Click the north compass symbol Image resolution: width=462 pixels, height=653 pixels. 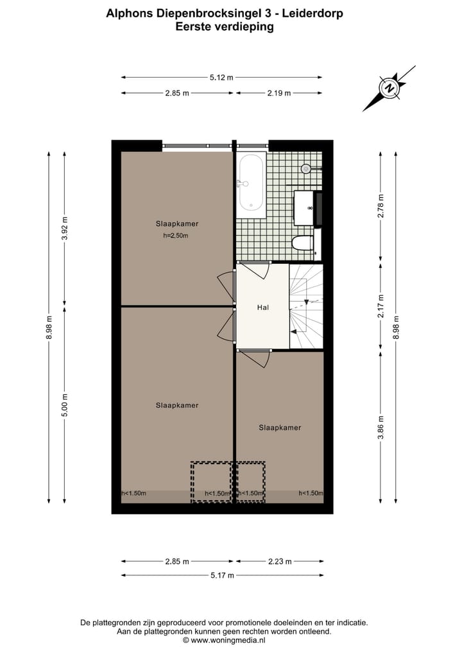tap(389, 88)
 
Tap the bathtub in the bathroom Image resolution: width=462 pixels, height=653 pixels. tap(252, 182)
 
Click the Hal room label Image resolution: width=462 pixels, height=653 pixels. tap(262, 308)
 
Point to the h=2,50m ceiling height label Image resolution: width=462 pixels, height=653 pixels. tap(176, 236)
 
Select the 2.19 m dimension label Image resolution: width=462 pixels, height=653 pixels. tap(279, 93)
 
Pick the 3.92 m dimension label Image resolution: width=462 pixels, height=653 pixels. tap(64, 229)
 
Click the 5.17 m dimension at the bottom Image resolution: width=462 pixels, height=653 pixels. tap(221, 575)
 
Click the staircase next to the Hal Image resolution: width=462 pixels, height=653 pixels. tap(307, 306)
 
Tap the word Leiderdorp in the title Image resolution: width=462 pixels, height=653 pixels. tap(311, 12)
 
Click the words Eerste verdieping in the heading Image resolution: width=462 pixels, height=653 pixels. tap(224, 27)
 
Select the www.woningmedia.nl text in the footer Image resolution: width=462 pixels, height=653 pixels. tap(228, 640)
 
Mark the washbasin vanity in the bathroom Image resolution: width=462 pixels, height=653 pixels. tap(304, 207)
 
